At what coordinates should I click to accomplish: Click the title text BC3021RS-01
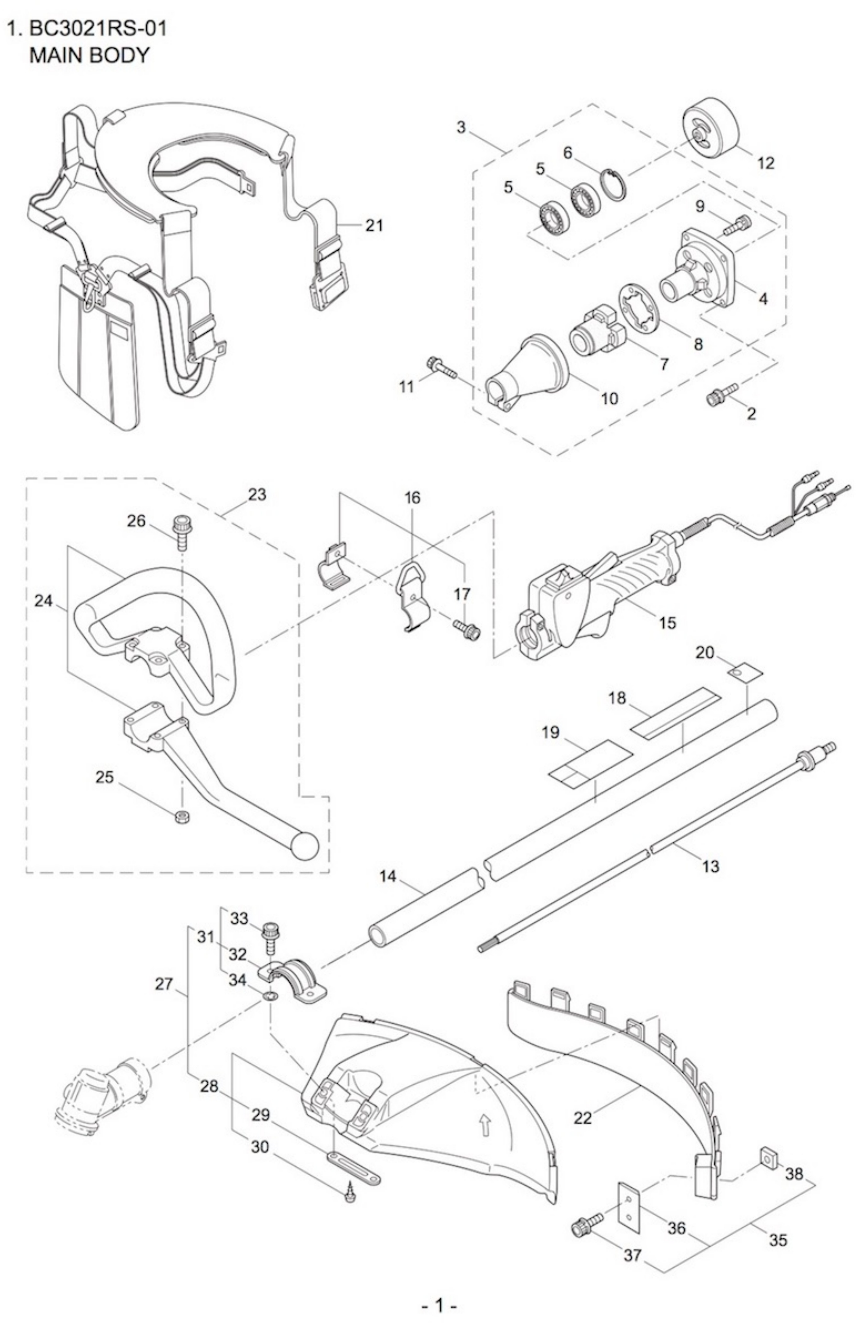click(97, 29)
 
